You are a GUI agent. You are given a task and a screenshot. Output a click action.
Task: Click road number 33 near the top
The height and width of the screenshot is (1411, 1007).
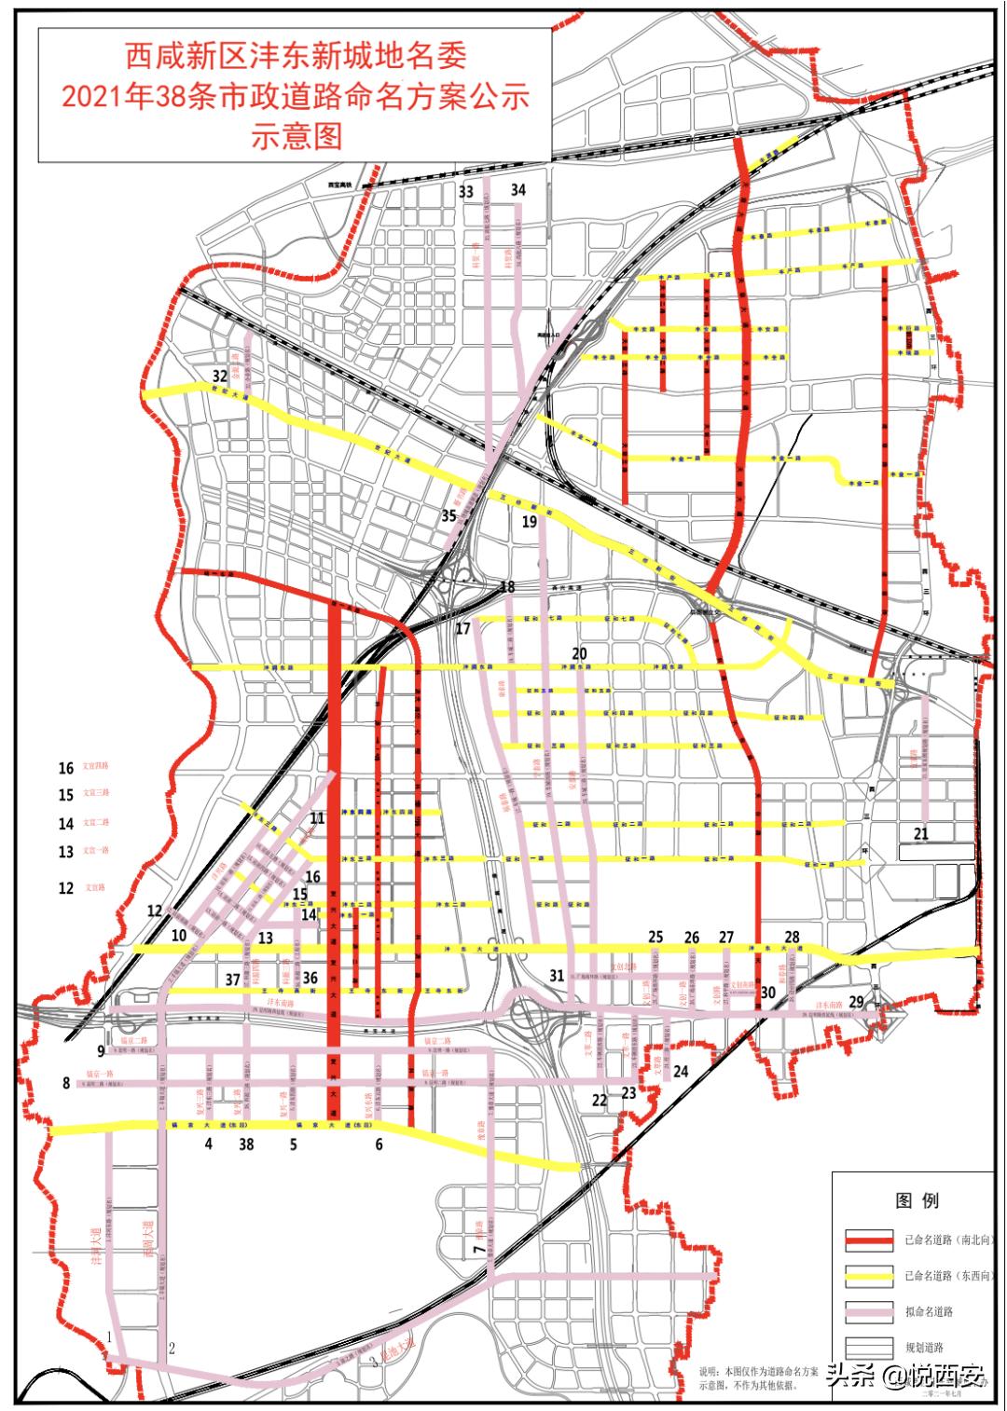(465, 192)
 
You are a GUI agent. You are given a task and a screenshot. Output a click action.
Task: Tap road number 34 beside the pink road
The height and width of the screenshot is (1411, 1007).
(517, 190)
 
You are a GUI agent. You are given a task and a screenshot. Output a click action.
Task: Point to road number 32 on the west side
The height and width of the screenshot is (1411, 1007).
(220, 376)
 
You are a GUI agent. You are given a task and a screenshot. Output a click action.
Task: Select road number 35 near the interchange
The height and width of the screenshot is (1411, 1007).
(449, 515)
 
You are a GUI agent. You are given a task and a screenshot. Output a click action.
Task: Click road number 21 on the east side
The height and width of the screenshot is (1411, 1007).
(921, 833)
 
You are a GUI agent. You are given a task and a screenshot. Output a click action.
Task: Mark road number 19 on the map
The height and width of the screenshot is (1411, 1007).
(530, 522)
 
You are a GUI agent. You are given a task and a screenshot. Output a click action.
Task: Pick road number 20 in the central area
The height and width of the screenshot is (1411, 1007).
(579, 654)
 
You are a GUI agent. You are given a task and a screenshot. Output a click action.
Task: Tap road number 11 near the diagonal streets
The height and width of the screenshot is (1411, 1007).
(318, 818)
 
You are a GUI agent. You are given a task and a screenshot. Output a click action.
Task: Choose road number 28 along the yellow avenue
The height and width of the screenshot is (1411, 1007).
(792, 938)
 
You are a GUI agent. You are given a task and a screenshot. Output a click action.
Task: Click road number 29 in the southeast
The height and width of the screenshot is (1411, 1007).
(856, 1001)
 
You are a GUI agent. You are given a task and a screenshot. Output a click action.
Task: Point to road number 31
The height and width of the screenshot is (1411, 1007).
(557, 976)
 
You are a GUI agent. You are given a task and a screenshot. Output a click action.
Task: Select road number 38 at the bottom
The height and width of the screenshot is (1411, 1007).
(246, 1144)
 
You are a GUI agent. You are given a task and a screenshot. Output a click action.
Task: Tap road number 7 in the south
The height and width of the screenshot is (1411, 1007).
(478, 1249)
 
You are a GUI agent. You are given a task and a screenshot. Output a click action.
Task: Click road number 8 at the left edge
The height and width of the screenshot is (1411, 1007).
(66, 1083)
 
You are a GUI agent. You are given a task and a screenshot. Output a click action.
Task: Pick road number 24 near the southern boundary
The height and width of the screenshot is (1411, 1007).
(681, 1072)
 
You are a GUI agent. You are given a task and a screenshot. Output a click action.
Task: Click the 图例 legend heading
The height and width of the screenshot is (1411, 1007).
(917, 1200)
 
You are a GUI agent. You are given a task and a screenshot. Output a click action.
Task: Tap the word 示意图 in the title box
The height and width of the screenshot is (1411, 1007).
(297, 136)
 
